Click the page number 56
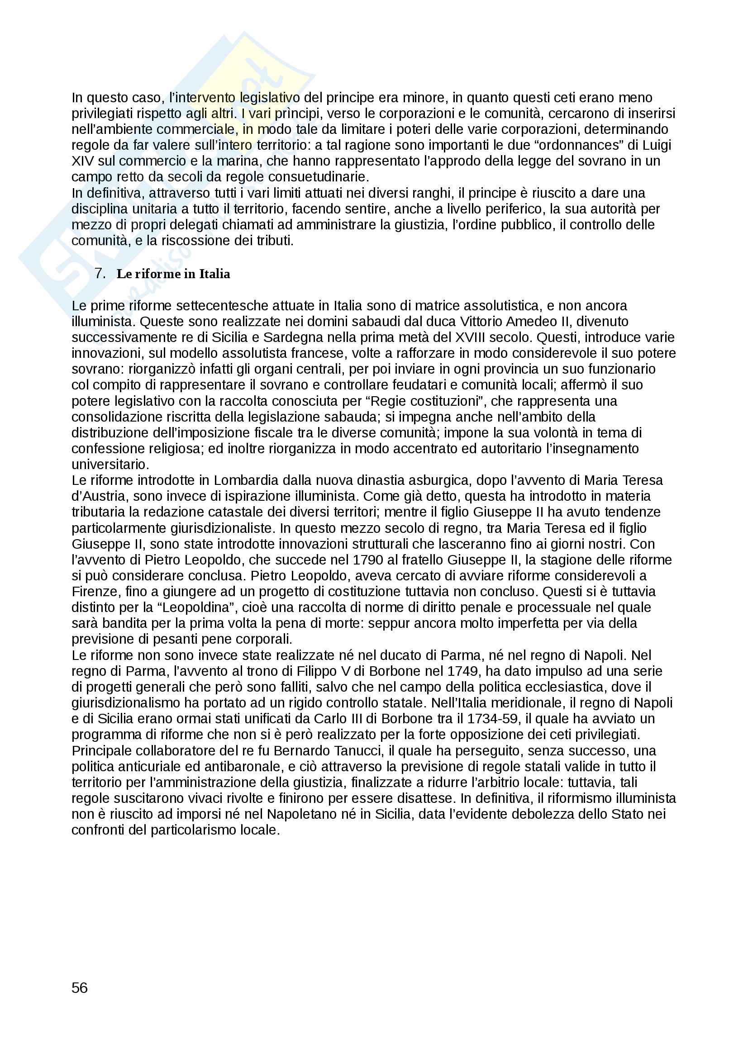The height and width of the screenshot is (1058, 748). [x=79, y=987]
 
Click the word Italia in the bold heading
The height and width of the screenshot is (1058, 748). [x=214, y=274]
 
